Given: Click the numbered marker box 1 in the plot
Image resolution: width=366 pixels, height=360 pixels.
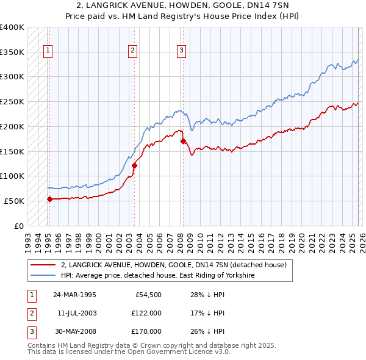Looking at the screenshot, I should point(48,51).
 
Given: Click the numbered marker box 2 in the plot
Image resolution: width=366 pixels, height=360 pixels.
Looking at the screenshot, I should point(133,51).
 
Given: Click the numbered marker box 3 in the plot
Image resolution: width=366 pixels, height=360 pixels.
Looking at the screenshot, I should point(182,51).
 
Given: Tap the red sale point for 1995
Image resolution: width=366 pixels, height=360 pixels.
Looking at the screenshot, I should point(49,198).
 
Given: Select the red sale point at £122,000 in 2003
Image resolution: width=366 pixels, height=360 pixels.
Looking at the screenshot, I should point(134,165).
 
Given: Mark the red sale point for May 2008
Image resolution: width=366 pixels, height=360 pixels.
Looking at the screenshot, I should point(183,141).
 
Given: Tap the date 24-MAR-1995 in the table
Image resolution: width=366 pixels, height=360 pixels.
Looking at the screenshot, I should point(74,295).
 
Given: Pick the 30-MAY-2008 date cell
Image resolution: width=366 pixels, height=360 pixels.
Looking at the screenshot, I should point(74,331).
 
